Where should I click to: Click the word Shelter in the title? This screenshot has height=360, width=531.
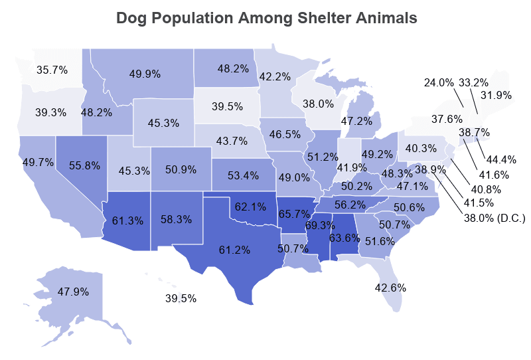coord(309,18)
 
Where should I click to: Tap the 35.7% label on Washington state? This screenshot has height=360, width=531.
coord(52,69)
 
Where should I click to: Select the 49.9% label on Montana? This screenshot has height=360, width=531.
coord(145,74)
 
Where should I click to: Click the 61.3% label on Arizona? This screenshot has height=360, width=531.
coord(127,202)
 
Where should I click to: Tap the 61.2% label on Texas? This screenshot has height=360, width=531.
coord(234,250)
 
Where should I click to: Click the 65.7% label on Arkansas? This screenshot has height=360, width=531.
coord(294,214)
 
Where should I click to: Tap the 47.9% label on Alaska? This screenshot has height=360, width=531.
coord(74,291)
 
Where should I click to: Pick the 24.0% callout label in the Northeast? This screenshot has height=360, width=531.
coord(439,82)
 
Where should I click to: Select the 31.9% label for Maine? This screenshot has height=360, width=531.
coord(496,95)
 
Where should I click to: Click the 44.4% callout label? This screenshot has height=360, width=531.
coord(501,159)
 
